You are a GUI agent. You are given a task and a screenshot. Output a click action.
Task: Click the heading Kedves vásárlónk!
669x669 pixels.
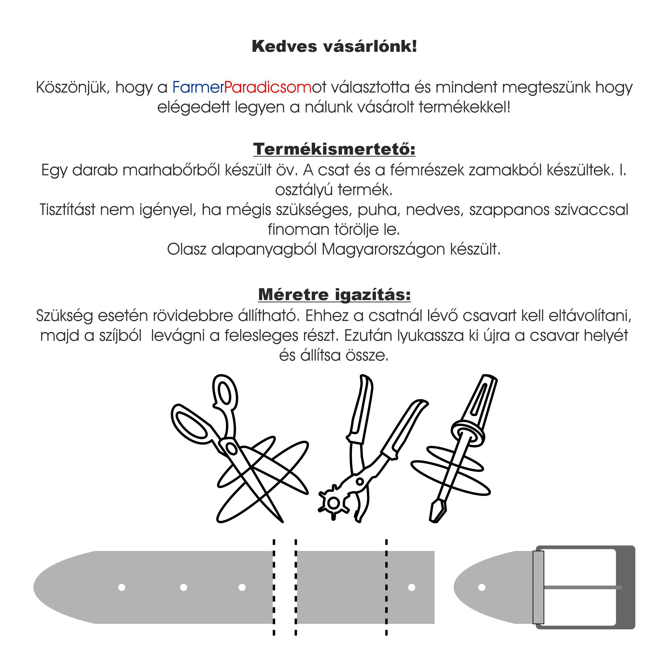point(334,46)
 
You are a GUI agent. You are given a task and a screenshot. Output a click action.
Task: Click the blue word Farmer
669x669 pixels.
point(198,87)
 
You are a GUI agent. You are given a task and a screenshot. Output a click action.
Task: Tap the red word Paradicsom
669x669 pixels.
point(268,87)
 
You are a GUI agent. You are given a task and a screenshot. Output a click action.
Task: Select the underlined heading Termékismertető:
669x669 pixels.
point(334,149)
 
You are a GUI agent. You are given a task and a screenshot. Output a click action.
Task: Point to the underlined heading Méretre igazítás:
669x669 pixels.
point(334,295)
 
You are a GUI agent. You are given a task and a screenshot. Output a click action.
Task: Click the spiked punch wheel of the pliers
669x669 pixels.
point(334,503)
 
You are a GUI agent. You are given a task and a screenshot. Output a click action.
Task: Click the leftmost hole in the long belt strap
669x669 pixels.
point(121,587)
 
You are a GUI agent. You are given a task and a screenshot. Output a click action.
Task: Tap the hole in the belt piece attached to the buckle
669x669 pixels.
point(482,587)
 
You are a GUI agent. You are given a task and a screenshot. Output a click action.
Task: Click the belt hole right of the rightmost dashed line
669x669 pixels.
point(412,587)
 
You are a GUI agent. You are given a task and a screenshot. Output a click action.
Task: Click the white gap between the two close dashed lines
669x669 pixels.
point(285,587)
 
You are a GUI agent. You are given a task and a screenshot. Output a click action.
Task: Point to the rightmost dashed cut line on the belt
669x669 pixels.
point(386,587)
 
